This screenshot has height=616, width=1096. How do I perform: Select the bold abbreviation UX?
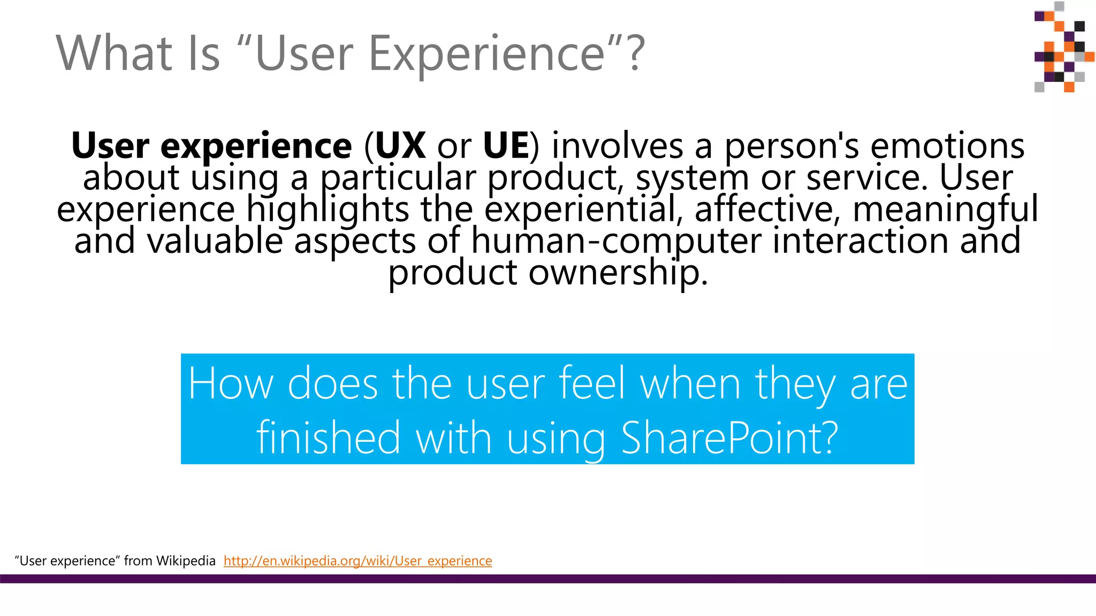pyautogui.click(x=400, y=145)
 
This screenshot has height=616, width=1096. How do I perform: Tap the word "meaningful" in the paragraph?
pyautogui.click(x=945, y=209)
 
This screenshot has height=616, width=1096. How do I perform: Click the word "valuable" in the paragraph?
pyautogui.click(x=215, y=241)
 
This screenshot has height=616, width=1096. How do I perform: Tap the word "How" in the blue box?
pyautogui.click(x=231, y=383)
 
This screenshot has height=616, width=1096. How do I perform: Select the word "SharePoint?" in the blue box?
pyautogui.click(x=729, y=437)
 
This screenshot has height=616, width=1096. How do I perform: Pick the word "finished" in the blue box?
pyautogui.click(x=328, y=437)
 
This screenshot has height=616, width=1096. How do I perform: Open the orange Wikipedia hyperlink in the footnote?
pyautogui.click(x=357, y=560)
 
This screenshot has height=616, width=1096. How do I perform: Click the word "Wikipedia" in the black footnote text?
pyautogui.click(x=186, y=560)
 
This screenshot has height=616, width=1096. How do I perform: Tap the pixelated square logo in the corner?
pyautogui.click(x=1063, y=47)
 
